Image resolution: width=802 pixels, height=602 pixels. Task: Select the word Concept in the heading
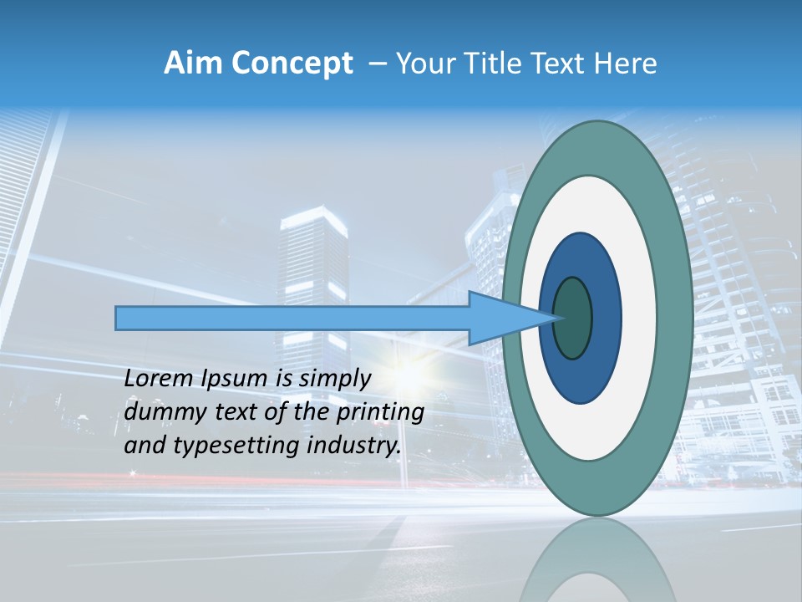pos(292,64)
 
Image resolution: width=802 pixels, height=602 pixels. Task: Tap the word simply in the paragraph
pos(334,380)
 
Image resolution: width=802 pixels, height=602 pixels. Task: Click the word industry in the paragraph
pos(354,446)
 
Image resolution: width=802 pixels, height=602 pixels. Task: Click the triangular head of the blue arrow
pos(501,318)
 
